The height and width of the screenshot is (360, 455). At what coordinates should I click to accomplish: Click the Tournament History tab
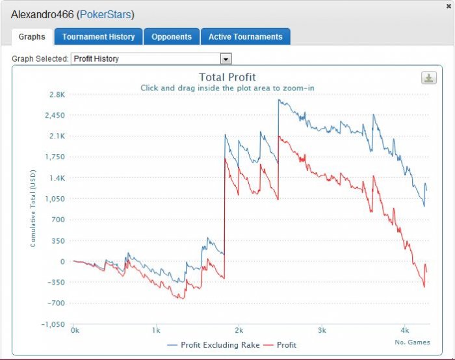(98, 36)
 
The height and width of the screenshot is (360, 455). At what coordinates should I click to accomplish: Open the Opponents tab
(172, 36)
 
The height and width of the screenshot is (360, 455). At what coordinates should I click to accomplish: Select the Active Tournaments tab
(245, 36)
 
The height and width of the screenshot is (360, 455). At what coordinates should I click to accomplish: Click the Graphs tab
(32, 37)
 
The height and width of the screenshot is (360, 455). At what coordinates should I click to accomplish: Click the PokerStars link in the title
(105, 14)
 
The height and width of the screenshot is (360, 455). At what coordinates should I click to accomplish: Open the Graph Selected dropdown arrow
(226, 59)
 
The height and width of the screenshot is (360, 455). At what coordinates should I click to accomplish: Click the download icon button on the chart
(428, 78)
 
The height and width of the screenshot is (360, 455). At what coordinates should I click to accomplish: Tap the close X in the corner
(448, 6)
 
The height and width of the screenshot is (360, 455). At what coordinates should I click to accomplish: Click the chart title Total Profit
(227, 77)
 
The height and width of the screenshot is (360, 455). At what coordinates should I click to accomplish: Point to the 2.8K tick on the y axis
(57, 95)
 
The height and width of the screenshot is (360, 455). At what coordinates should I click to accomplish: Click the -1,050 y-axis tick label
(53, 324)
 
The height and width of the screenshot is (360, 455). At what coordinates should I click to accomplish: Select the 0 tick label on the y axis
(62, 261)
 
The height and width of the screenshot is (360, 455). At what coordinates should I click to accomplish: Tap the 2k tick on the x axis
(239, 330)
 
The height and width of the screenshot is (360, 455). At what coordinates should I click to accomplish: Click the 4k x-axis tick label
(404, 330)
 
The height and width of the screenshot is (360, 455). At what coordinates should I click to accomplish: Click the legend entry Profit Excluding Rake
(213, 345)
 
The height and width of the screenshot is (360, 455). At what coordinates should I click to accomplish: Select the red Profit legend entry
(279, 345)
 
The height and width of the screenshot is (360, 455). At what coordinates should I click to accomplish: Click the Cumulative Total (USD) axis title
(33, 209)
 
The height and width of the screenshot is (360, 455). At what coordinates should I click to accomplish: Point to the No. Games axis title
(412, 342)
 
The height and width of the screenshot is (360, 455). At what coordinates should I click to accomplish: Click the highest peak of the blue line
(279, 100)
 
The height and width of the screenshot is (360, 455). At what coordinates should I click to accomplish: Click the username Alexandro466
(42, 14)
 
